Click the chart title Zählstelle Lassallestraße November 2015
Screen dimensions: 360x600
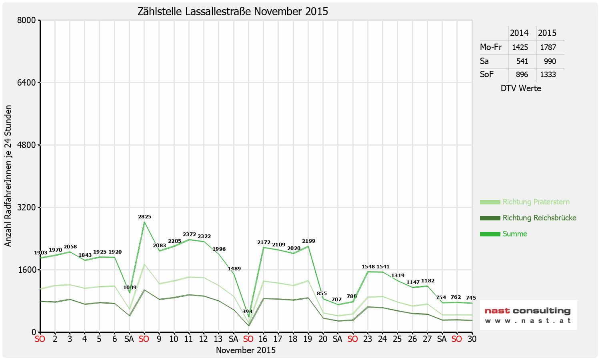[233, 11]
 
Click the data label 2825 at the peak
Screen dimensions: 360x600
[144, 217]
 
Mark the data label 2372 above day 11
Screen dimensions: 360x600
[189, 234]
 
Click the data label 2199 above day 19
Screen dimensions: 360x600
[308, 241]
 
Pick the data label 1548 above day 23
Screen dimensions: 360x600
[368, 267]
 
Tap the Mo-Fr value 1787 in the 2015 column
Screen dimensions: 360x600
[548, 47]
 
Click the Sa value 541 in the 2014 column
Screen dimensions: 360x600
[522, 61]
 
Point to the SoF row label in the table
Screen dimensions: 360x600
[487, 74]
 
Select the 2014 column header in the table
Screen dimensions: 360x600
[519, 33]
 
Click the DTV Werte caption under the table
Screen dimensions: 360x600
[521, 88]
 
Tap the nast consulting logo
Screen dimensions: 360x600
[528, 315]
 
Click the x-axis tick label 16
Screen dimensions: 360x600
[263, 339]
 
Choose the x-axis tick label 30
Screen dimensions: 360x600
[472, 339]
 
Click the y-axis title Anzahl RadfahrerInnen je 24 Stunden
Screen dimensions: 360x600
[8, 176]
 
